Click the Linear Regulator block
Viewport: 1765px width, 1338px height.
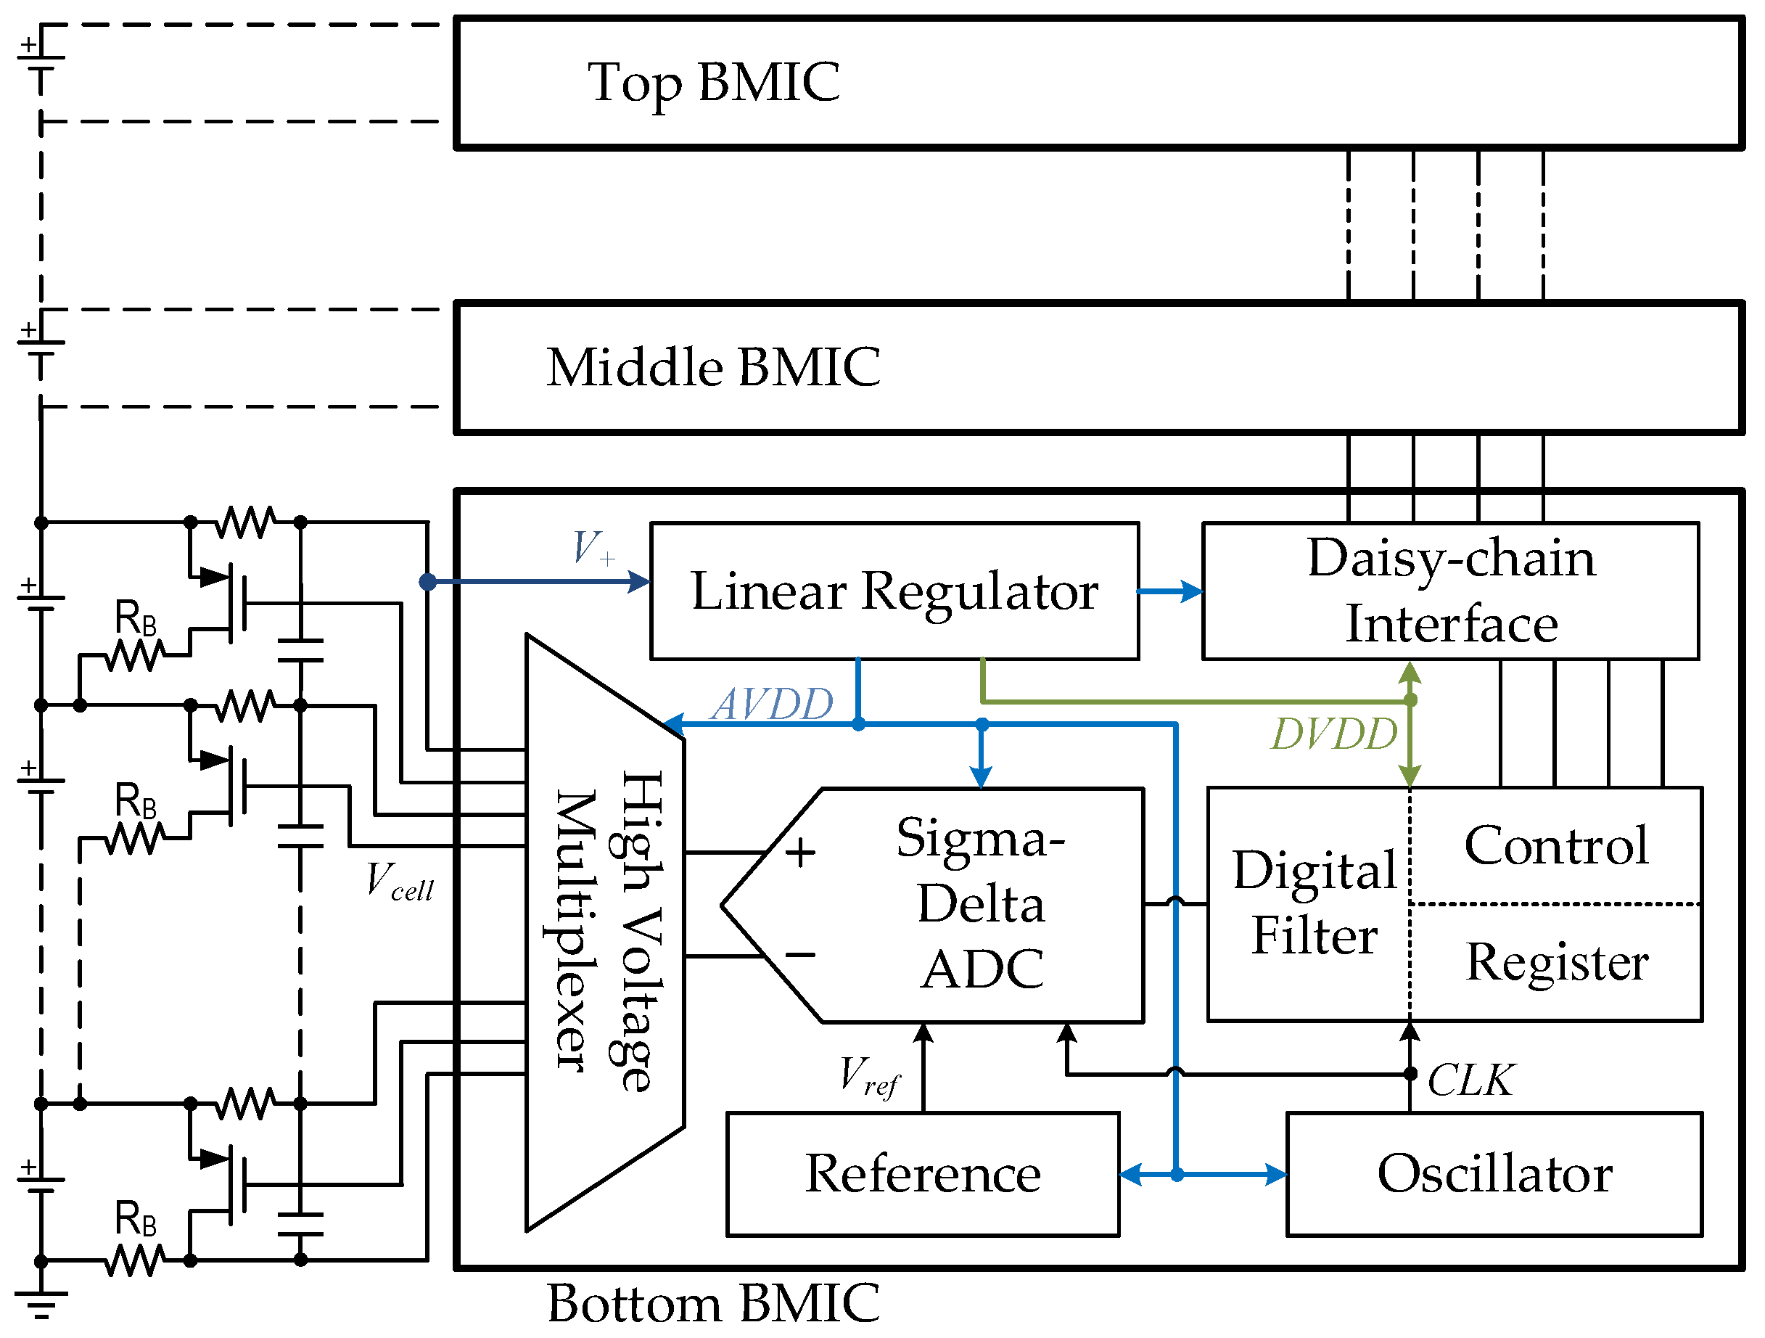[x=894, y=591]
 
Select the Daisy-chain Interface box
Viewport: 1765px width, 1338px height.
[x=1451, y=591]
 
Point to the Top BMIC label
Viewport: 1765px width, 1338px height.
[x=713, y=83]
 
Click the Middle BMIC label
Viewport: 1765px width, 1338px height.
[x=713, y=368]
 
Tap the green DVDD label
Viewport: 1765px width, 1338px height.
[x=1334, y=734]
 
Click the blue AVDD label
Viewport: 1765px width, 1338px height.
[x=773, y=705]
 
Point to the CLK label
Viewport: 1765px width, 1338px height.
[x=1470, y=1080]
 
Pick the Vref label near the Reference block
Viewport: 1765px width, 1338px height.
[x=870, y=1076]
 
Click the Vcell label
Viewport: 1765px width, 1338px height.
[x=400, y=882]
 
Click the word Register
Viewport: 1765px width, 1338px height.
[x=1557, y=962]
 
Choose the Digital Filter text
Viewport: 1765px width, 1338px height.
[x=1315, y=903]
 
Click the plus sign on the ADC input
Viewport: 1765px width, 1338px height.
[x=800, y=853]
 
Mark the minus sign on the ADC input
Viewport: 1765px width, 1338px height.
[x=800, y=954]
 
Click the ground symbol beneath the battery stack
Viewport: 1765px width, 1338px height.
[x=41, y=1305]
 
